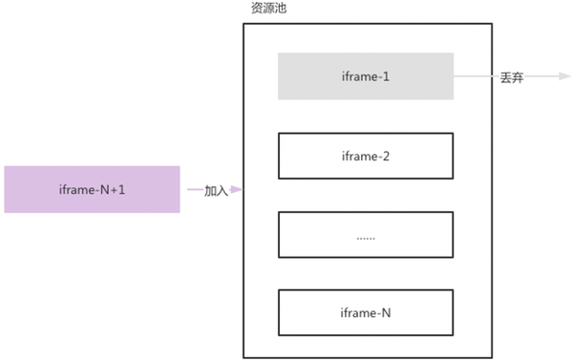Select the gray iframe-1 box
coord(365,76)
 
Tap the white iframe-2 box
coord(365,157)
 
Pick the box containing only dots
coord(365,235)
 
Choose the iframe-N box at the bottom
coord(365,313)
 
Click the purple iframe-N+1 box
coord(92,189)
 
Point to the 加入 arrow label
coord(217,190)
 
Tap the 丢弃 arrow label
coord(511,76)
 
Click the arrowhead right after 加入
coord(236,190)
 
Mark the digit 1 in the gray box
coord(386,76)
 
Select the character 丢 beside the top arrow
coord(505,76)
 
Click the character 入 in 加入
coord(223,190)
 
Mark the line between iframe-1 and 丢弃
coord(473,76)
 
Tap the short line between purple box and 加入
coord(192,190)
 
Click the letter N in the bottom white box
coord(385,313)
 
